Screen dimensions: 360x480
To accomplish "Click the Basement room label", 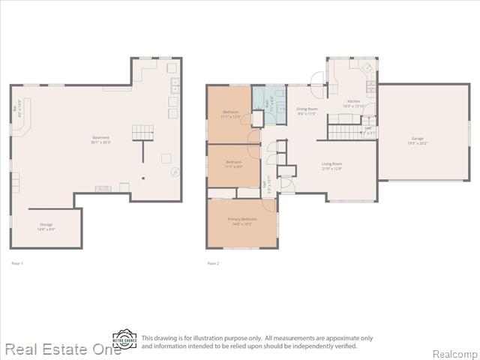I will (x=100, y=139).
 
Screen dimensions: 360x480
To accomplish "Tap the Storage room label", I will (x=46, y=226).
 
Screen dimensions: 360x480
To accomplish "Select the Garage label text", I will (x=416, y=140).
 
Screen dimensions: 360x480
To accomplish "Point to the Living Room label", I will (x=332, y=166).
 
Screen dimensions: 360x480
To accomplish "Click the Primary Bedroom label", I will (x=241, y=220).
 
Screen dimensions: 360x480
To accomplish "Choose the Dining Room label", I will (x=307, y=110).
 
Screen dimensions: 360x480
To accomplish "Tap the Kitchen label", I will (x=353, y=103).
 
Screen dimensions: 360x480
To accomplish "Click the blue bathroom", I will (x=269, y=104).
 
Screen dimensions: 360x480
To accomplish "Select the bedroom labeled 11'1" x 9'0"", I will (x=233, y=163).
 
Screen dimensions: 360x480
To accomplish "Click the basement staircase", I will (x=142, y=133).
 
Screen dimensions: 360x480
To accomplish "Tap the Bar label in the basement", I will (x=16, y=109).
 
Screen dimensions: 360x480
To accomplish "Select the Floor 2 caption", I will (x=213, y=263).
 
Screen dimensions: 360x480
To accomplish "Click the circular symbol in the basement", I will (x=175, y=172).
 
